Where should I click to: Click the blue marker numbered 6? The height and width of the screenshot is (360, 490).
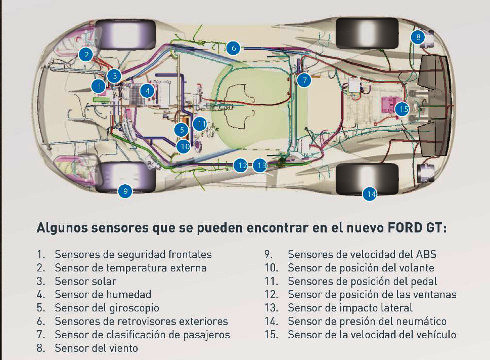tap(233, 48)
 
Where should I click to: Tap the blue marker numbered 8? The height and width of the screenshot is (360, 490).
tap(418, 36)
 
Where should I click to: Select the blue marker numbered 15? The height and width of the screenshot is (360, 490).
tap(402, 109)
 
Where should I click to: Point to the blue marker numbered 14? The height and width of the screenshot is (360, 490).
tap(370, 194)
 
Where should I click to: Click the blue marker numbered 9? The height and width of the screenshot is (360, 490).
tap(125, 191)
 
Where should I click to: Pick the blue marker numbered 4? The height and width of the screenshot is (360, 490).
tap(147, 91)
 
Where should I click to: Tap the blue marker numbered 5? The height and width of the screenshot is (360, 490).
tap(182, 130)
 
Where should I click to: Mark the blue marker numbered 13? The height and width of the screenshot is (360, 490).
tap(260, 165)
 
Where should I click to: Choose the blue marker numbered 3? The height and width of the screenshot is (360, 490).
tap(114, 76)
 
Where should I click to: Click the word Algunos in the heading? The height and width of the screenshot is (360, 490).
tap(62, 229)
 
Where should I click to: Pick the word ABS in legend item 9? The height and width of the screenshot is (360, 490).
tap(426, 254)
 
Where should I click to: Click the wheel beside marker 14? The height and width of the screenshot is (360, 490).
tap(367, 178)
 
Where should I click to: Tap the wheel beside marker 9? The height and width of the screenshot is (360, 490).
tap(126, 177)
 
